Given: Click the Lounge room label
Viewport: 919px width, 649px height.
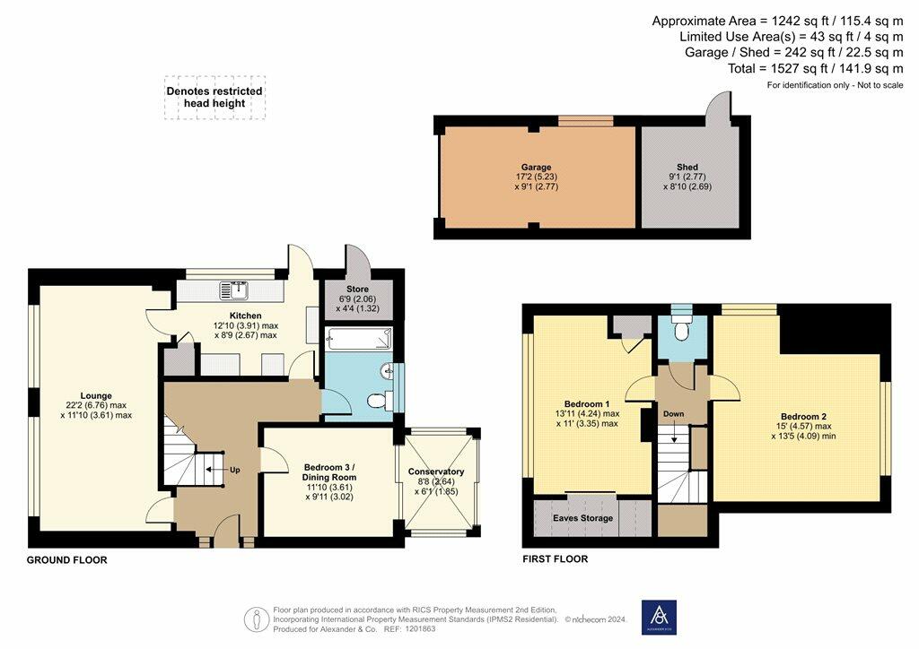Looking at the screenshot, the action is point(96,395).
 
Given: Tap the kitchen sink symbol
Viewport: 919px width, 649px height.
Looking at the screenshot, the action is point(234,290).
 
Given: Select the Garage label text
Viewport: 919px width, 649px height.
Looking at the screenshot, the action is point(537,168).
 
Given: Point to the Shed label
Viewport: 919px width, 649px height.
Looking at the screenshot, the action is point(687,168).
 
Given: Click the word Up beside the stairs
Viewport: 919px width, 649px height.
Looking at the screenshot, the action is point(234,470).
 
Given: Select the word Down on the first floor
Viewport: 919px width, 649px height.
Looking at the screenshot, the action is point(673,414).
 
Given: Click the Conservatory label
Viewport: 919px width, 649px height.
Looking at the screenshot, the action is point(436,472).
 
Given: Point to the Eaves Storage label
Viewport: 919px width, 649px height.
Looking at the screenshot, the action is point(582,518).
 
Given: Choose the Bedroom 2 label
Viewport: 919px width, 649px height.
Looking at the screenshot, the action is point(803,417).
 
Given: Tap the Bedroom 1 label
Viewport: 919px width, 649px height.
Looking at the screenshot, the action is point(587,403).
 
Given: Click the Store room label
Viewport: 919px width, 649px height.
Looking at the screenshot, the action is point(357,290).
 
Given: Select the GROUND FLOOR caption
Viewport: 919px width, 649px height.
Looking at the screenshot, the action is point(66,560).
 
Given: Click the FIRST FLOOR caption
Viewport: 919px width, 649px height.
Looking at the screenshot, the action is point(555,558).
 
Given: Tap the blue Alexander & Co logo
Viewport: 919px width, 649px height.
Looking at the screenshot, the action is point(659,618).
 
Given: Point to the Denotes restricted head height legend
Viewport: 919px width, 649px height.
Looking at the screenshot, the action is point(214,97).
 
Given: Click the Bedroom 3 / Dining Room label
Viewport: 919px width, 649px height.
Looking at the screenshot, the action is point(328,472).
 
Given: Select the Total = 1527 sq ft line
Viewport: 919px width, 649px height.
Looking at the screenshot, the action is point(815,68).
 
